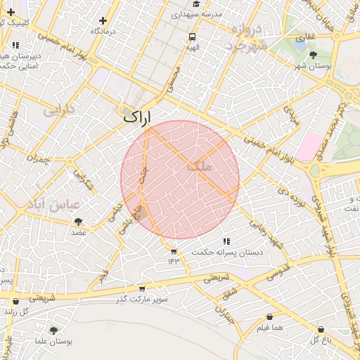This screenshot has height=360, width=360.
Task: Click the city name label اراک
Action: pos(138,117)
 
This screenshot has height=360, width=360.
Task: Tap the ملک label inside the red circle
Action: pos(199,167)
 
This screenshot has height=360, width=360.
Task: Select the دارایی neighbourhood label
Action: pos(59,111)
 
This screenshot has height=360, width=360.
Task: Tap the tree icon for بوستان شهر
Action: pos(313,54)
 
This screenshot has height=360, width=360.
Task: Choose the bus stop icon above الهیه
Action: pos(193,37)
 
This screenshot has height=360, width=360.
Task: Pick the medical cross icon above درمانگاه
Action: pos(103,21)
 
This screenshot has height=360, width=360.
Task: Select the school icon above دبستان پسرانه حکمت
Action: pos(226,241)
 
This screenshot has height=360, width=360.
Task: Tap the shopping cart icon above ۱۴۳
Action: pos(174,252)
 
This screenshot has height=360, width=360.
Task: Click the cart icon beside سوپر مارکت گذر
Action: pos(142,288)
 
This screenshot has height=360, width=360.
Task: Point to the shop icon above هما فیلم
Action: pos(269,317)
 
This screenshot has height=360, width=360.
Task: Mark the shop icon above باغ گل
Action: pos(321,329)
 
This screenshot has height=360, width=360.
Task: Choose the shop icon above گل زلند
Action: pos(15,302)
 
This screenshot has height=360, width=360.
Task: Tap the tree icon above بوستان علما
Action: pos(53,330)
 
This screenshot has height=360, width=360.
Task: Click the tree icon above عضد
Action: pos(78,221)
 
